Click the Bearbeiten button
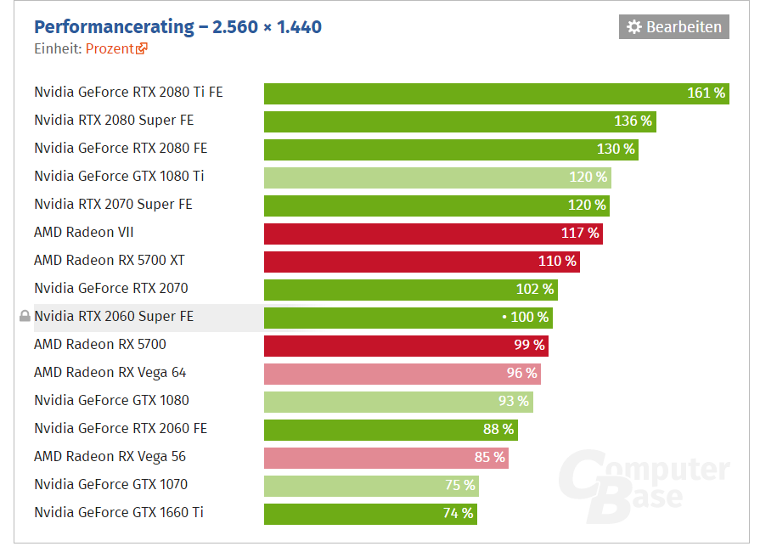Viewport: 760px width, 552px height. [673, 27]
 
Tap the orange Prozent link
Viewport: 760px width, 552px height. [116, 48]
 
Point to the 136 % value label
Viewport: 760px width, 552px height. [633, 121]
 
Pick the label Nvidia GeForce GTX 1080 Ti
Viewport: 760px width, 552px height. [119, 177]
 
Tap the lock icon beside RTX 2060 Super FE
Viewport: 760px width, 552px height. [25, 317]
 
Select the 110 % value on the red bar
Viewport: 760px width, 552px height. [557, 262]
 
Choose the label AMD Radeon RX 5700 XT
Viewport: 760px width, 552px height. [109, 261]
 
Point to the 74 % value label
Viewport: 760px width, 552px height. [458, 514]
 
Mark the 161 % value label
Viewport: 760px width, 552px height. [706, 93]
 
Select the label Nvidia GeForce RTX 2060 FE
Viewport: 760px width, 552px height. [121, 429]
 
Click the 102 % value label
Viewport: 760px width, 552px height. [535, 290]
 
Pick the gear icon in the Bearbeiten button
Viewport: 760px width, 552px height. [634, 27]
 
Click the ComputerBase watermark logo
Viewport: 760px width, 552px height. [645, 485]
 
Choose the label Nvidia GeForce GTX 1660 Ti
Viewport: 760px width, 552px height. [119, 513]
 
